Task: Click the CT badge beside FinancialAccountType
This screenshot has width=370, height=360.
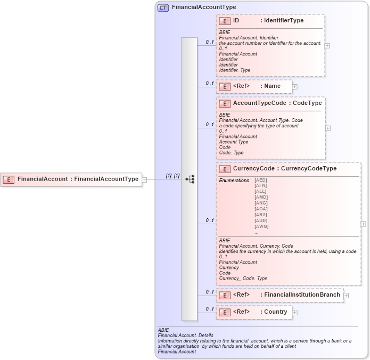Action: (x=163, y=7)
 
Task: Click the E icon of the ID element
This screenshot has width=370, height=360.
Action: (x=225, y=21)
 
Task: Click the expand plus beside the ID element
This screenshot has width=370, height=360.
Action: (x=327, y=45)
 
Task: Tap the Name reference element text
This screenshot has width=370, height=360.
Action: (x=273, y=86)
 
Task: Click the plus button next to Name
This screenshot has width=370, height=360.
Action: (x=294, y=86)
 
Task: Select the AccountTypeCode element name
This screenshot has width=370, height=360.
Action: (x=259, y=103)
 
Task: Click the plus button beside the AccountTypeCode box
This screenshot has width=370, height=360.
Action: (x=327, y=128)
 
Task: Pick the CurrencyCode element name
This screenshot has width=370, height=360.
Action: (x=253, y=169)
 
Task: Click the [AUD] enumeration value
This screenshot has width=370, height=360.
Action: (x=261, y=220)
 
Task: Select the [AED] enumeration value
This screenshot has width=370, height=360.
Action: (x=261, y=181)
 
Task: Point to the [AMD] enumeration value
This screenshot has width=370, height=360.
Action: (x=261, y=197)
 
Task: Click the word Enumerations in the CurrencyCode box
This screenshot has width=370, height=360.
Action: (x=234, y=181)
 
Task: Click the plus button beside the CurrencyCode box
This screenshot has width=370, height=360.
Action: (x=364, y=224)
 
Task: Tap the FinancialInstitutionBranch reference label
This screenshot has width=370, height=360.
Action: (x=302, y=295)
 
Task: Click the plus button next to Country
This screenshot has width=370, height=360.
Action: (x=294, y=312)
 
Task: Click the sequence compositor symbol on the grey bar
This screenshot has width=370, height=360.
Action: (x=190, y=179)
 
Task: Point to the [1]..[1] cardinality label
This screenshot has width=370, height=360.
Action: (x=172, y=175)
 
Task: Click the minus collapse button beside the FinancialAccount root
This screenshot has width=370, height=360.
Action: (x=144, y=179)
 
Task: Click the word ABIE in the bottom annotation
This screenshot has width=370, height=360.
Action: (x=163, y=330)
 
